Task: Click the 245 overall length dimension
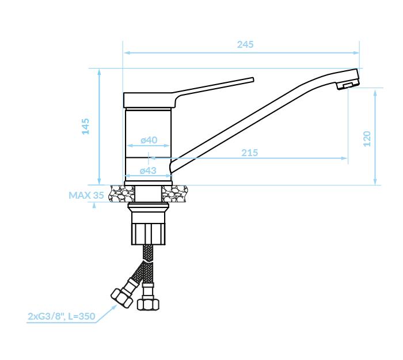pos(245,45)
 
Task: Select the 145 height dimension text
pos(86,126)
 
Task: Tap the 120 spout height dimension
pos(367,139)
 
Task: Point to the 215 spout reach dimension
pos(249,153)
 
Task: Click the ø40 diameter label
pos(149,140)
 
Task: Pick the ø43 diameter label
pos(148,170)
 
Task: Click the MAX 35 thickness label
pos(86,195)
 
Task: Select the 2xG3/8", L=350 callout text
pos(62,316)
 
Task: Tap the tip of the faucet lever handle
pos(253,79)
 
